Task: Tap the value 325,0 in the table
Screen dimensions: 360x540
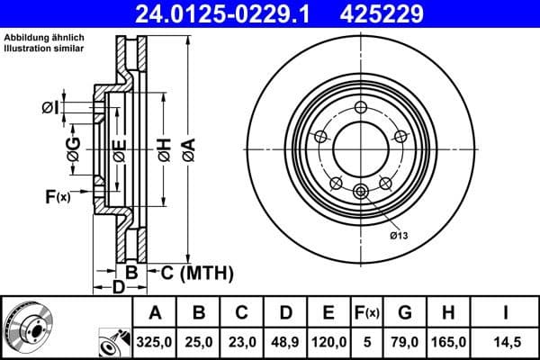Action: (155, 343)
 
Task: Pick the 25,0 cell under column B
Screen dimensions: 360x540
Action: (199, 343)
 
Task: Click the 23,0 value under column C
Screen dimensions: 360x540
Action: (242, 343)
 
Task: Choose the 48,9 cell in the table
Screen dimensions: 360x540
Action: (285, 343)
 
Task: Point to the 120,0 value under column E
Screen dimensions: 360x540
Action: (328, 343)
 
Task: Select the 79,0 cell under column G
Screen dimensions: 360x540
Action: (405, 343)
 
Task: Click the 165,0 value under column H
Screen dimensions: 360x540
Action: (450, 343)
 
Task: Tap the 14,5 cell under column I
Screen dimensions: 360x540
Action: (506, 343)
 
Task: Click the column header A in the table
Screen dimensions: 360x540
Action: (155, 313)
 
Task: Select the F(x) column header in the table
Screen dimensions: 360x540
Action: (366, 313)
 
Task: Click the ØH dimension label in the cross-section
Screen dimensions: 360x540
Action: (163, 149)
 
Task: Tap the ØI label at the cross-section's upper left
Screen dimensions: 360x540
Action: (50, 108)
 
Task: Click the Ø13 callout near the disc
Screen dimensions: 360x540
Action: (399, 236)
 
